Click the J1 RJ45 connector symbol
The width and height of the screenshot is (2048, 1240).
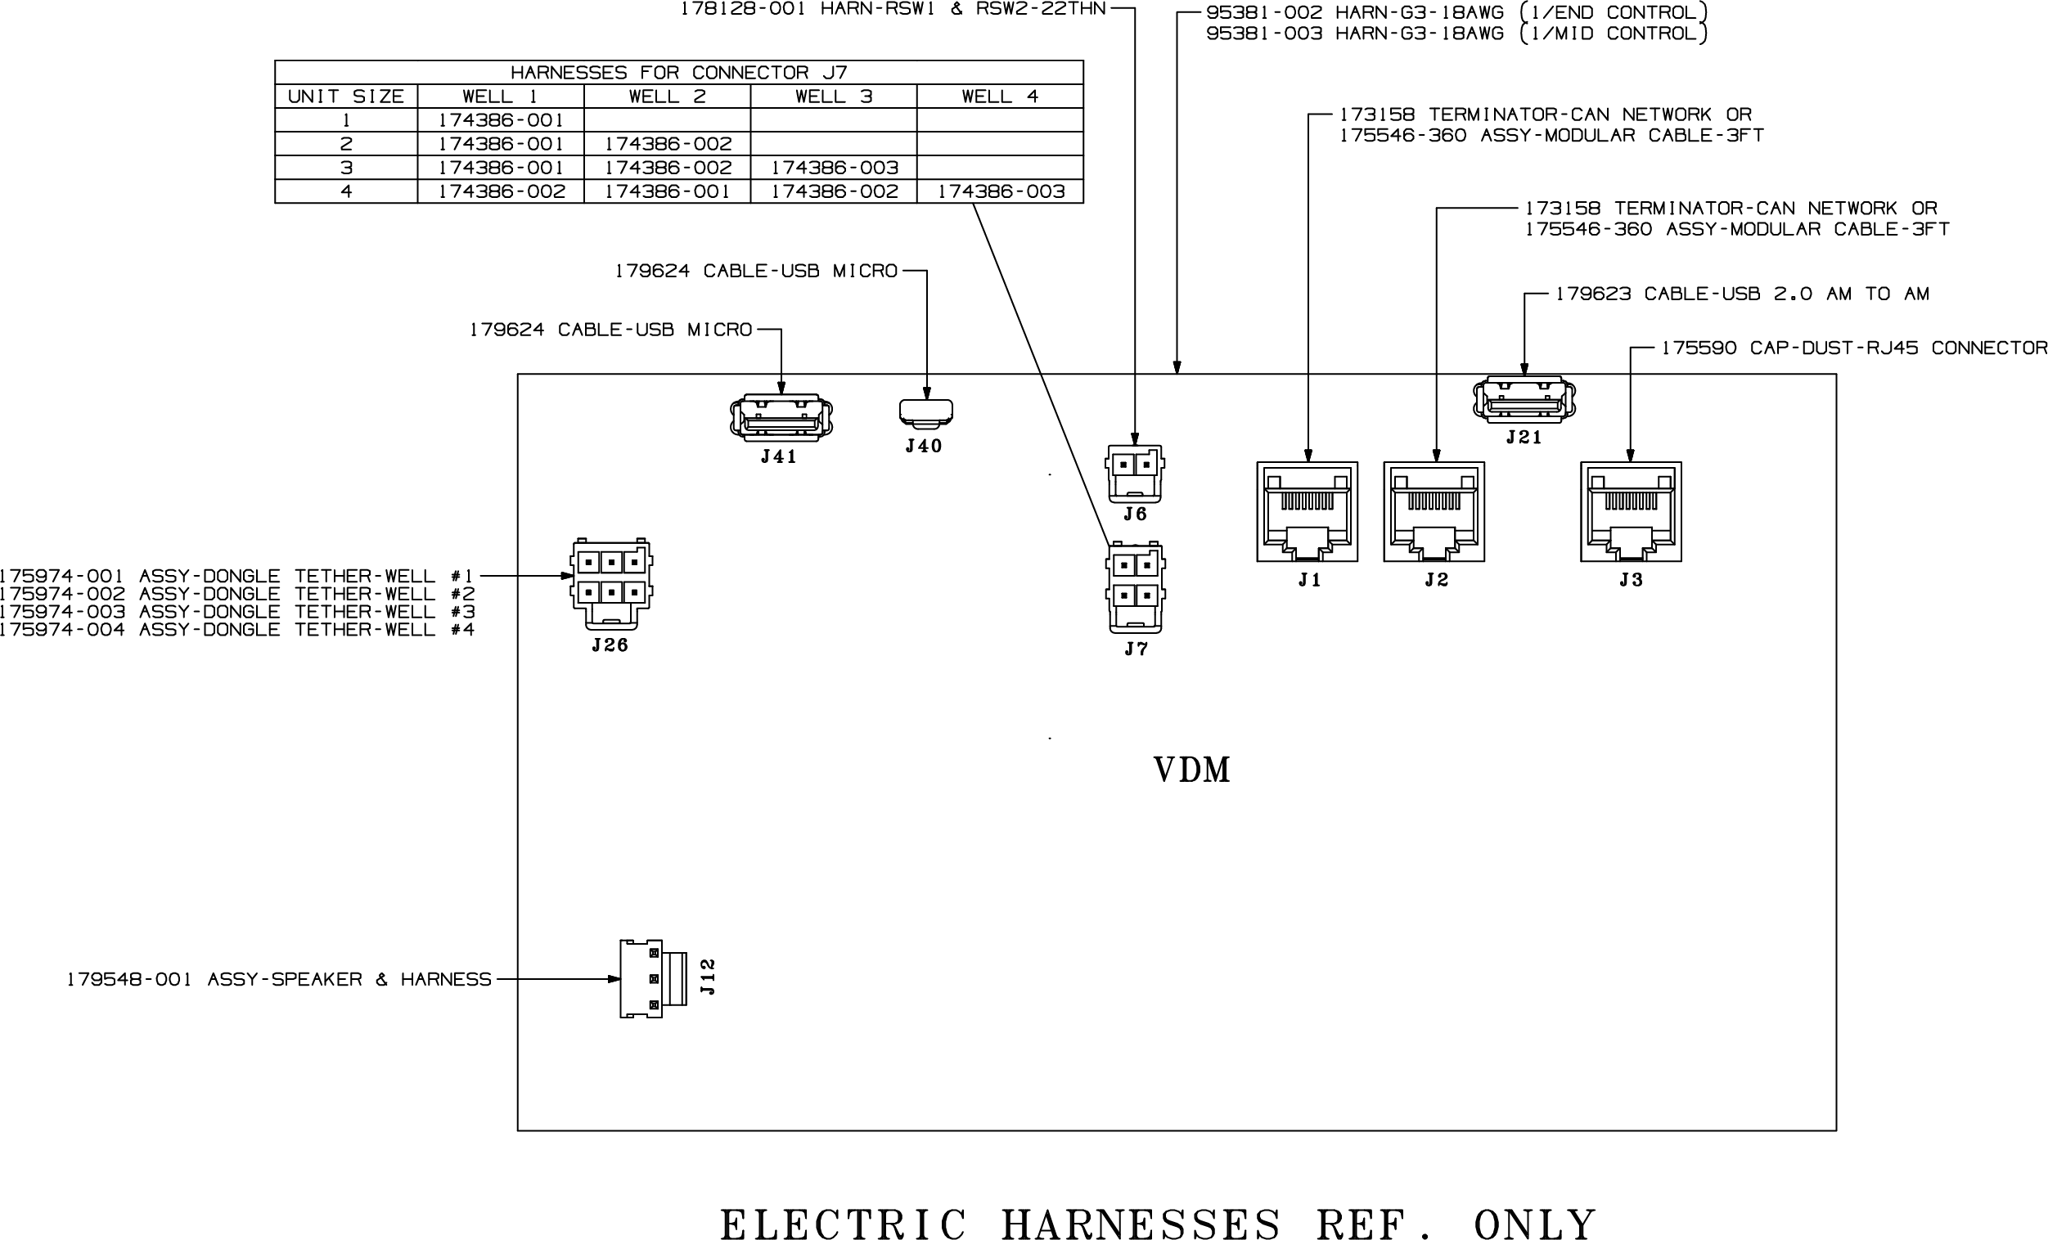(1307, 512)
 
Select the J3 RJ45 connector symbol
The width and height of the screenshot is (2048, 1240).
(1631, 512)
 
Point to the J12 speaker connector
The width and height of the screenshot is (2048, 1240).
(653, 979)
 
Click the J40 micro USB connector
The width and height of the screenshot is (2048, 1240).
(926, 411)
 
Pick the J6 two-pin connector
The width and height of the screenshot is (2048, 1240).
(1135, 473)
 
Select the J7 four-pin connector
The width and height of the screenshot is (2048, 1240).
(1136, 587)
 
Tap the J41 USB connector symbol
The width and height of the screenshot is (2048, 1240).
(781, 417)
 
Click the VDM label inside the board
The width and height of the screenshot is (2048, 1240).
(1192, 771)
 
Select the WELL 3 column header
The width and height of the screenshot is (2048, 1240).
(834, 97)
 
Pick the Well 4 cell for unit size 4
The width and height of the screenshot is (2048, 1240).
(1001, 192)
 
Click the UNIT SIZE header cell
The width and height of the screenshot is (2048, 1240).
(346, 97)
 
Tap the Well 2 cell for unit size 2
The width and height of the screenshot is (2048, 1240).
(668, 144)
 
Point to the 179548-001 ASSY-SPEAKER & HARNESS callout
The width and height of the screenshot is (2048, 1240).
(279, 980)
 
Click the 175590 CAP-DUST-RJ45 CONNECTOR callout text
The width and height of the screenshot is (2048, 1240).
(1853, 348)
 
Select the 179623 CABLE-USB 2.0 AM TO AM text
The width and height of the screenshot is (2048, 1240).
(1742, 294)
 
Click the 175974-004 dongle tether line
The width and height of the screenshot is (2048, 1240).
(237, 630)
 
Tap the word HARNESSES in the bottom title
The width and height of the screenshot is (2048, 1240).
(1141, 1224)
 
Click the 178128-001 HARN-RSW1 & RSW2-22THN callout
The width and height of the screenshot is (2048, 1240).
(893, 9)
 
